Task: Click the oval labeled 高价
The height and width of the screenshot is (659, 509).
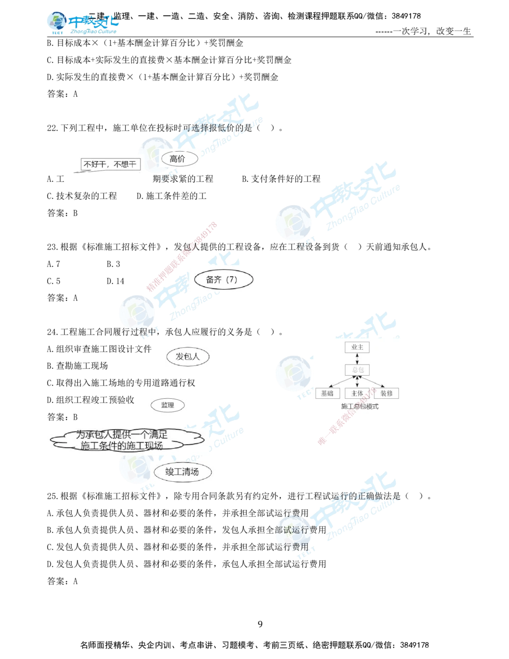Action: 177,159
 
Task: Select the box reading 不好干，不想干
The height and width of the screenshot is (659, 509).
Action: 110,164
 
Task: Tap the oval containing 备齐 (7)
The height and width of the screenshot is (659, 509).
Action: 223,280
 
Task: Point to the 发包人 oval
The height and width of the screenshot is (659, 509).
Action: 188,356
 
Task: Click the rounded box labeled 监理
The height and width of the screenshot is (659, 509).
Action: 167,405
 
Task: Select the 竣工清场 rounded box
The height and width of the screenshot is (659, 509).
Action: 182,472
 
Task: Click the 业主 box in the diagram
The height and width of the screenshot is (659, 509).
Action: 357,347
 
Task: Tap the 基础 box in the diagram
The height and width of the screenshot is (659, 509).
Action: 327,393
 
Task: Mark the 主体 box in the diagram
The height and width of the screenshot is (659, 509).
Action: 357,393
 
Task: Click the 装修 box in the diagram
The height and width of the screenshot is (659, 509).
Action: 386,393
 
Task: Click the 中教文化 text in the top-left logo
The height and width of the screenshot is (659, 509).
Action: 94,22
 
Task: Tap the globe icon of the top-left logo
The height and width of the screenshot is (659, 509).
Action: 56,22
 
